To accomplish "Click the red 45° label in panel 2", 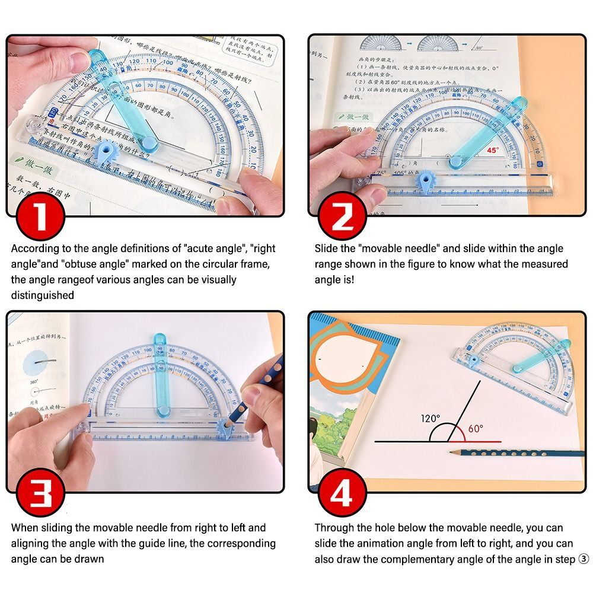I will point(493,151).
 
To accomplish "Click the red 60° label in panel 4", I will point(476,428).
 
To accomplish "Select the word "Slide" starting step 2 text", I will point(327,248).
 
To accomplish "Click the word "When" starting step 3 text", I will point(25,527).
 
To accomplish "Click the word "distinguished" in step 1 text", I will point(43,295).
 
